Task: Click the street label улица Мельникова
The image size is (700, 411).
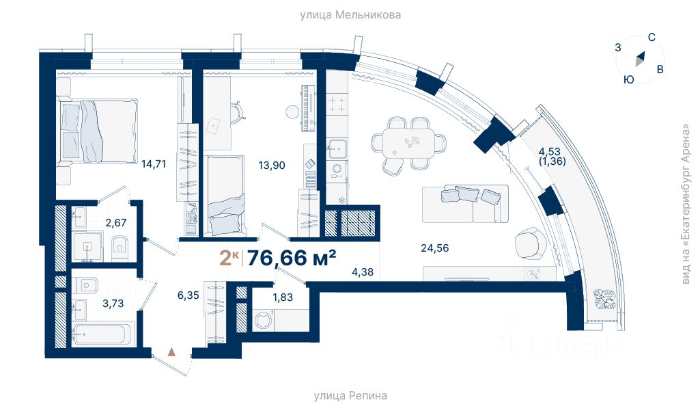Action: pos(350,15)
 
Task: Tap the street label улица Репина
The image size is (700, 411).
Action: pos(350,396)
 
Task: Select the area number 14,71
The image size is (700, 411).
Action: pos(154,164)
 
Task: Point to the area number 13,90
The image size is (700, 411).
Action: pos(271,165)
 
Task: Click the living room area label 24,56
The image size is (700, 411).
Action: pos(434,248)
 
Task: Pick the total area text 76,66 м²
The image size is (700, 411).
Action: pos(291,258)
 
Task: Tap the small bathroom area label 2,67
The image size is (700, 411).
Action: pos(115,222)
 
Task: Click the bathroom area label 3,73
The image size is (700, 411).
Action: pos(113,304)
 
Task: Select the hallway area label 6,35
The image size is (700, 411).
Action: pos(188,295)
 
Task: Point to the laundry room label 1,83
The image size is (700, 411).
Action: pos(283,297)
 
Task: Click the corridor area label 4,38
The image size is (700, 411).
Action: pos(363,272)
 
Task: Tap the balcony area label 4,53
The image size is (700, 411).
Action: pos(549,152)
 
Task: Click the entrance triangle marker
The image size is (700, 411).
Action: pos(171,352)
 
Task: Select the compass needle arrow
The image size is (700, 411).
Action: pos(640,59)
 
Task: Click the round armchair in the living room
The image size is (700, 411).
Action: pos(531,243)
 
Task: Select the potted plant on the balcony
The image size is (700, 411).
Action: pos(604,300)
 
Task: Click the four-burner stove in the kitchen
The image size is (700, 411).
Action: pos(337,105)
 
